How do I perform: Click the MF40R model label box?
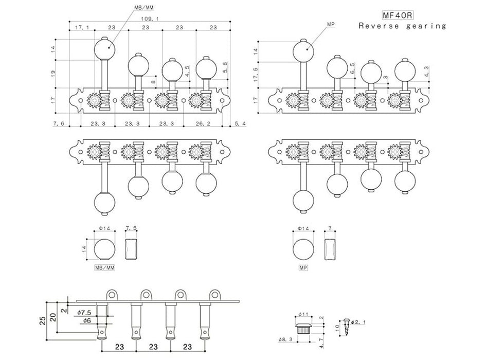coord(398,15)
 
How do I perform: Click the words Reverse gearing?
coord(402,26)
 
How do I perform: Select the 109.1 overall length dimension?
coord(150,19)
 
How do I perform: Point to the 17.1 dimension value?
coord(82,28)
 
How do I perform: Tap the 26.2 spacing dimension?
coord(203,123)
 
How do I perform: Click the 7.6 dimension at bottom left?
coord(59,123)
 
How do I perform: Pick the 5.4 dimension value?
coord(241,123)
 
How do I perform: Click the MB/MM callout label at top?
coord(143,7)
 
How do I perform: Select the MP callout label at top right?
coord(331,25)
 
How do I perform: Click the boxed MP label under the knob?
coord(303,267)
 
